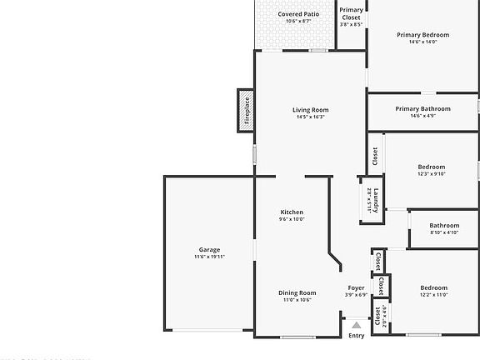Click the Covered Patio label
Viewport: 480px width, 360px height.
click(x=298, y=14)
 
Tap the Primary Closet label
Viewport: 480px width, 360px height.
click(x=352, y=13)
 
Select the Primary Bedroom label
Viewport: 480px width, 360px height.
click(x=422, y=35)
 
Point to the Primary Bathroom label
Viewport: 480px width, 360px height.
click(x=422, y=109)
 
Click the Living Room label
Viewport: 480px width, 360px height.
click(x=310, y=110)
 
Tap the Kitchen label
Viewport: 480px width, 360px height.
click(x=292, y=212)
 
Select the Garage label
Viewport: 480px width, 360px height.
click(x=209, y=250)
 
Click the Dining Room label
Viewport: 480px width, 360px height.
click(x=297, y=292)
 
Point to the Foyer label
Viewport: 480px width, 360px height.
click(x=356, y=287)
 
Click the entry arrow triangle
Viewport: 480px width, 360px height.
click(x=357, y=325)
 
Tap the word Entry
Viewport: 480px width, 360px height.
click(x=357, y=336)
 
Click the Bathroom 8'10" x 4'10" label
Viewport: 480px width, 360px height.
click(x=444, y=226)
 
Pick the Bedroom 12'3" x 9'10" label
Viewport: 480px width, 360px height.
click(x=431, y=167)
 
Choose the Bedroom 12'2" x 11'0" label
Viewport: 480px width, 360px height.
click(x=433, y=287)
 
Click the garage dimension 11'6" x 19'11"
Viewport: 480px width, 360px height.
click(x=209, y=257)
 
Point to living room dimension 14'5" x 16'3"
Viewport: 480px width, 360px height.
click(x=310, y=117)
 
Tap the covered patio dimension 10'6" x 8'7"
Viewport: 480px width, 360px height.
click(x=298, y=22)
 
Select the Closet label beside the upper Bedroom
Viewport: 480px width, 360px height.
click(x=375, y=156)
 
